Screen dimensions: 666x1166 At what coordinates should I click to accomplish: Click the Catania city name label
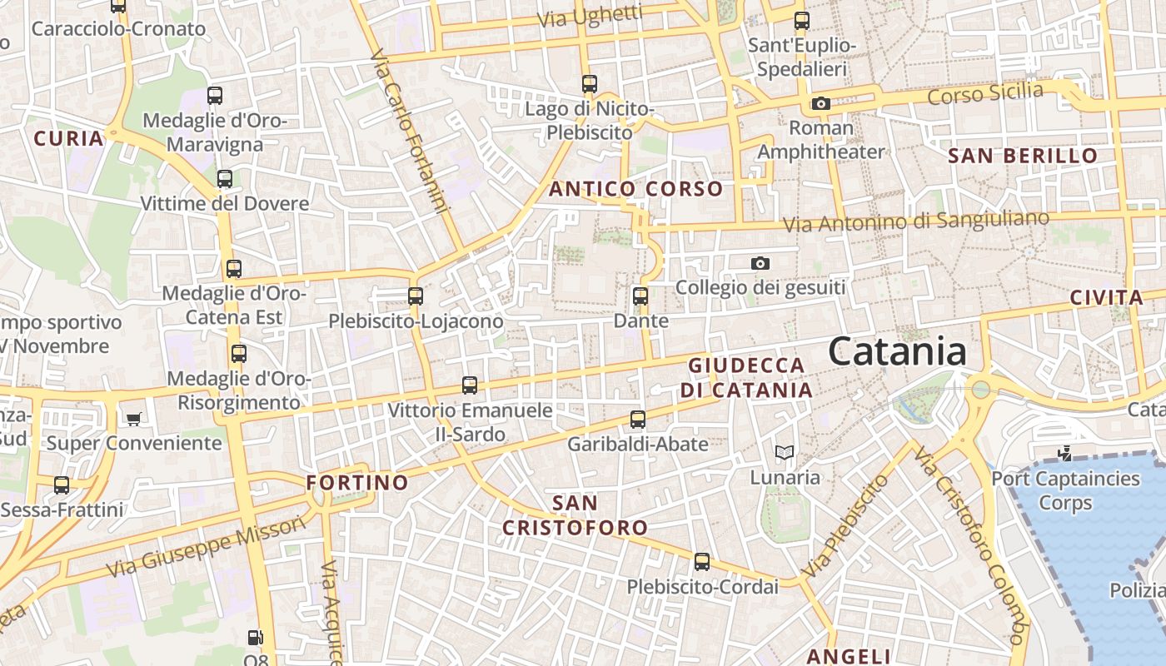(897, 351)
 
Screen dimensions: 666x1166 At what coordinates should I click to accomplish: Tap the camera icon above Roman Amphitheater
(820, 104)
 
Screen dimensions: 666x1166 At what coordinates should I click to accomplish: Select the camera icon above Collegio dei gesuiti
(760, 264)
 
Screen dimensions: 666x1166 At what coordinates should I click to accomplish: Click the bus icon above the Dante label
(640, 296)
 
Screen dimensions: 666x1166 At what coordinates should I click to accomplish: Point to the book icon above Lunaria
(784, 453)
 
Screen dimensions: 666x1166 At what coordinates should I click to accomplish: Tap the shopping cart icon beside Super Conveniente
(133, 418)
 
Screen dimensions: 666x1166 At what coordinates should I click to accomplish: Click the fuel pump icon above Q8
(256, 639)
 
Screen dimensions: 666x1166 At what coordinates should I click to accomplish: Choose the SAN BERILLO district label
(1023, 156)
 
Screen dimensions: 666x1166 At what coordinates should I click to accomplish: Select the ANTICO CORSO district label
(635, 189)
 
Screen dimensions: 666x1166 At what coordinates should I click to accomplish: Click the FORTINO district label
(357, 483)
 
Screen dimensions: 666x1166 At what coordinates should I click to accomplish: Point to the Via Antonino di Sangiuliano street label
(915, 221)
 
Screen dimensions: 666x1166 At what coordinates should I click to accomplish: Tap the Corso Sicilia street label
(984, 93)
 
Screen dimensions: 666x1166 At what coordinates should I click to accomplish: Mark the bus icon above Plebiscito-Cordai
(702, 562)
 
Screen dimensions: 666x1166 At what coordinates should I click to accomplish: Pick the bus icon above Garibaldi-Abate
(638, 419)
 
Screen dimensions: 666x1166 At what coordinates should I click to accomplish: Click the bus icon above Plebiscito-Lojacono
(415, 296)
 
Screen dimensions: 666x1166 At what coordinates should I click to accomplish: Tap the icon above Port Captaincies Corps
(1064, 454)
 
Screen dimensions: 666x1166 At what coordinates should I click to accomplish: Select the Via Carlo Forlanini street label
(410, 132)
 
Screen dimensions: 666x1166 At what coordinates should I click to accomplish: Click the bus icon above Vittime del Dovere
(224, 178)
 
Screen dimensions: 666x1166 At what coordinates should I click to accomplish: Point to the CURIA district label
(69, 138)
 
